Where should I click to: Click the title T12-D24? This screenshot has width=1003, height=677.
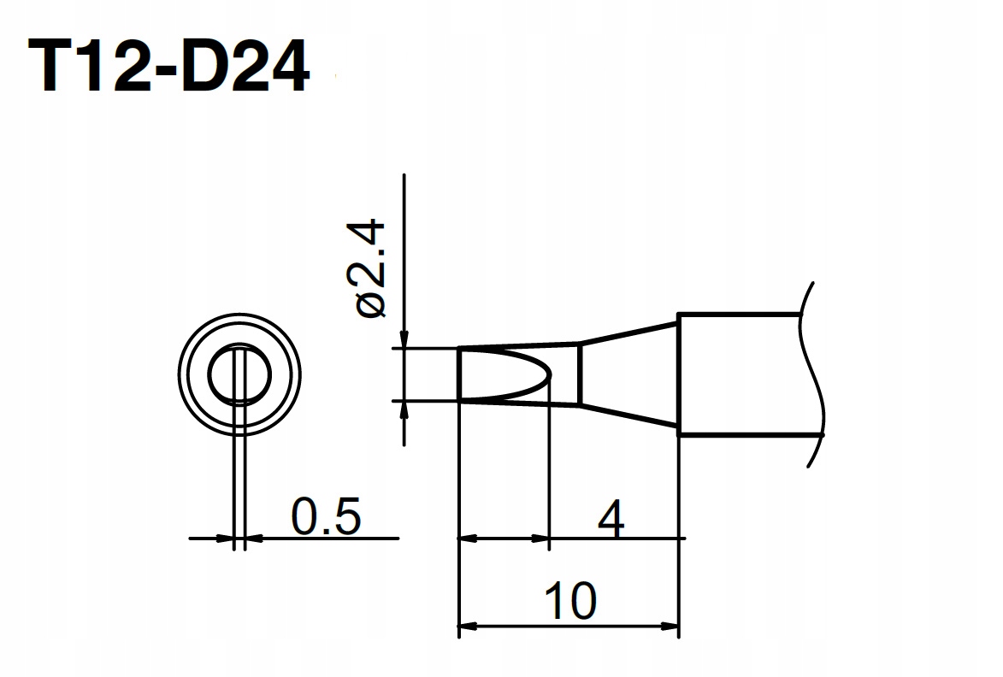(x=168, y=67)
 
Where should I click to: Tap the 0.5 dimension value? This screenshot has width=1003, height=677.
(x=327, y=515)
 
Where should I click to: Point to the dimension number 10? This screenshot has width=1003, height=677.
(x=570, y=601)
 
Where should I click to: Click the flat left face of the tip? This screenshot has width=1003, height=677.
(x=459, y=374)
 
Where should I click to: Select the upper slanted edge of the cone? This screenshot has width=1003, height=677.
(x=628, y=333)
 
